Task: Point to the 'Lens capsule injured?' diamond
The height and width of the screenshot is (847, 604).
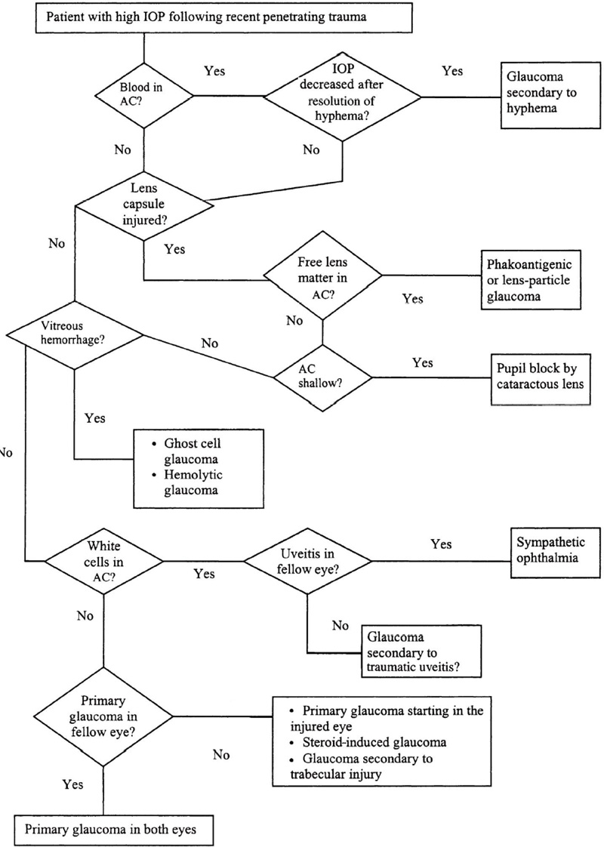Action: coord(143,202)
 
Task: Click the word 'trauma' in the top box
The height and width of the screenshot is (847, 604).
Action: coord(348,18)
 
